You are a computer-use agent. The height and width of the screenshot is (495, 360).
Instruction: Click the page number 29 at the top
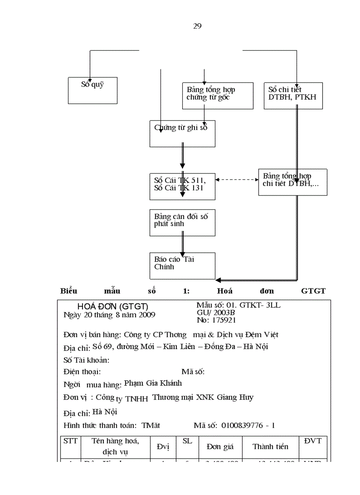coord(197,26)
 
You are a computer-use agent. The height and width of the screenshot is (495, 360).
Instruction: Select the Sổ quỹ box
coord(93,91)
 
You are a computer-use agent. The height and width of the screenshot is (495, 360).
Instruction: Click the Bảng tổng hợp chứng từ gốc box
coord(217,96)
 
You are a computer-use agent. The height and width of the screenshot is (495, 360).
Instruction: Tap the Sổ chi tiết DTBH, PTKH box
coord(293,96)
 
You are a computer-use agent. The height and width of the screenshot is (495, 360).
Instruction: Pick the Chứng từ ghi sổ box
coord(182,134)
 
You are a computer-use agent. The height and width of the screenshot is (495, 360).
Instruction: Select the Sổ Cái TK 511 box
coord(182,187)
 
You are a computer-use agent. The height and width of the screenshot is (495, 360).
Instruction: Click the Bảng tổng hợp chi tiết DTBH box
coord(292,182)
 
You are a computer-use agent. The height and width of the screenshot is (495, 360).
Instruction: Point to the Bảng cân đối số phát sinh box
coord(182,223)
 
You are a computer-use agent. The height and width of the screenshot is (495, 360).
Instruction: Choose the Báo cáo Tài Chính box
coord(182,265)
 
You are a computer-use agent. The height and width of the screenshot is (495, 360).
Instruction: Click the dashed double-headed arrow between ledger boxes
coord(236,179)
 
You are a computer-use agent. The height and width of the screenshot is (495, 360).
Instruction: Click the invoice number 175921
coord(223,320)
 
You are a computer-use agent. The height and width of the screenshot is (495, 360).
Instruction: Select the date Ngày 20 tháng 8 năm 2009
coord(109,315)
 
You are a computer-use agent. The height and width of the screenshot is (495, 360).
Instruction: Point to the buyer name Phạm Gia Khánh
coord(153,383)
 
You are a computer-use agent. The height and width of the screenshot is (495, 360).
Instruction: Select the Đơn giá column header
coord(220,447)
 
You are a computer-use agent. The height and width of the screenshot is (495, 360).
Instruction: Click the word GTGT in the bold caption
coord(313,291)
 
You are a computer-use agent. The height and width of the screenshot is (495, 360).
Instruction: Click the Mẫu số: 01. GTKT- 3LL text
coord(238,305)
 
